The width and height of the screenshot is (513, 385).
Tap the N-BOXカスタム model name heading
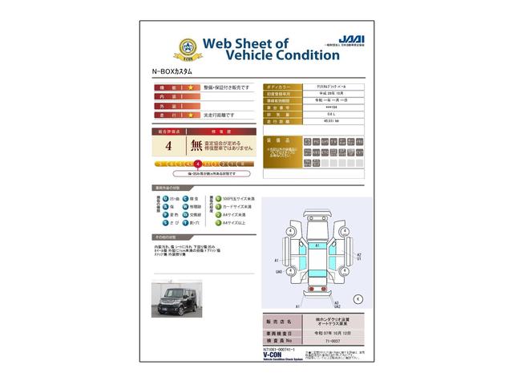tap(173, 72)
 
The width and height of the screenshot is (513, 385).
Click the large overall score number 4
tap(168, 146)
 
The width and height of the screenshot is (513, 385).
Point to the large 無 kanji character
tap(196, 146)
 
